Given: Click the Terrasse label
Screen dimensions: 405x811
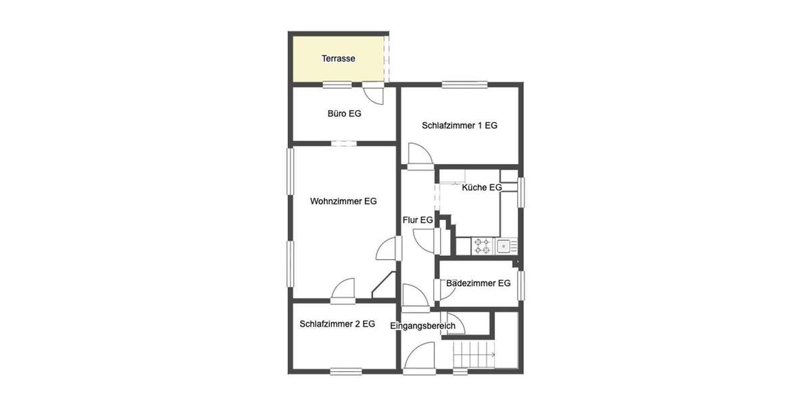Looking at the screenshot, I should (338, 59).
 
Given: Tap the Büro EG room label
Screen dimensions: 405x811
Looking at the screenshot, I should (344, 113).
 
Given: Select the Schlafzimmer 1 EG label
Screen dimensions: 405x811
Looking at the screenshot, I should (460, 126).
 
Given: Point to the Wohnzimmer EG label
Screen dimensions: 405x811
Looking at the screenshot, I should (343, 201).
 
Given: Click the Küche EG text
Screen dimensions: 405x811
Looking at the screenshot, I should (481, 188).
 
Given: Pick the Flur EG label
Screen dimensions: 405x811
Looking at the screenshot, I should (418, 220).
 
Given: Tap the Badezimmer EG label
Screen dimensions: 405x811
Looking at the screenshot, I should (478, 283).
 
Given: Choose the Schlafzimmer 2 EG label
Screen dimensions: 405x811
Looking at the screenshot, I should (337, 324).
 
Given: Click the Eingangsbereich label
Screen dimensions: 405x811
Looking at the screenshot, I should (423, 326).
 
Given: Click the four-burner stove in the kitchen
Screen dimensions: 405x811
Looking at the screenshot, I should (482, 246).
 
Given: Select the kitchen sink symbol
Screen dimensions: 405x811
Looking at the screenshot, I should (504, 246).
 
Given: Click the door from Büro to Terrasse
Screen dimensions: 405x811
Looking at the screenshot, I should (374, 94).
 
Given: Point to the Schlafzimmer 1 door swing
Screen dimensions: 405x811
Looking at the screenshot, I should (420, 155).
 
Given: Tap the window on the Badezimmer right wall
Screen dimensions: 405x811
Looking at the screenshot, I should (521, 283).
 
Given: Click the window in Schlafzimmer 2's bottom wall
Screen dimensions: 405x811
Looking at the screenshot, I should (346, 371).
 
